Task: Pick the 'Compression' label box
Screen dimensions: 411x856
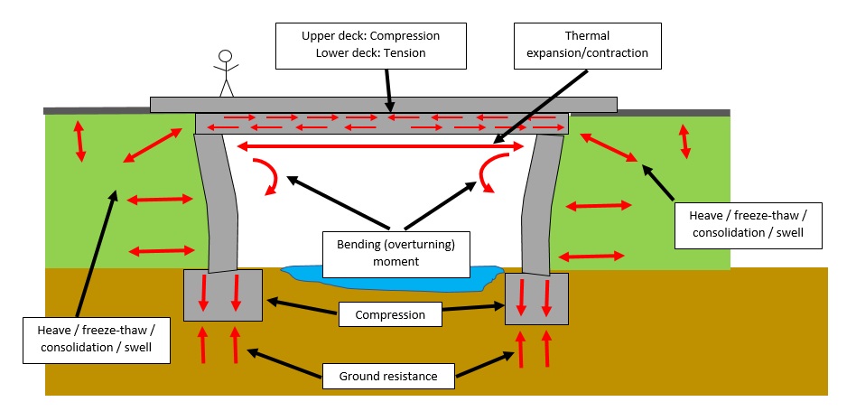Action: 390,315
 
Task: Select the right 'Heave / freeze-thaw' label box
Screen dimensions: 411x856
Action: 749,225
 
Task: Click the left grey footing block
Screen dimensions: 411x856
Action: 223,294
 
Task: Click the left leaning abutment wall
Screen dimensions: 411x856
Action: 219,203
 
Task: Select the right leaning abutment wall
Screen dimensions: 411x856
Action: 542,203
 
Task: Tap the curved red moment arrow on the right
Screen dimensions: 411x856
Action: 489,173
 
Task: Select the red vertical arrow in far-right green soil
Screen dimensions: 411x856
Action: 684,139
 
